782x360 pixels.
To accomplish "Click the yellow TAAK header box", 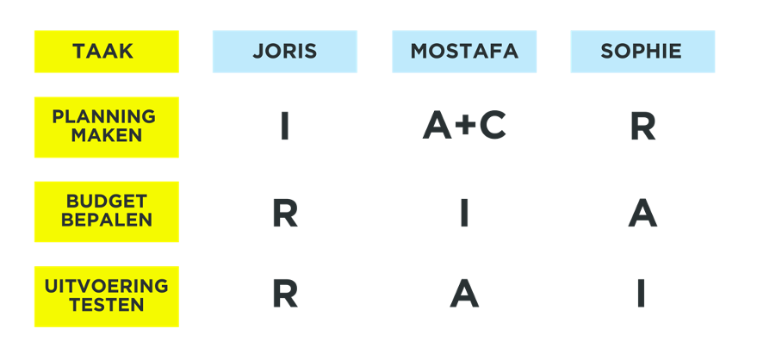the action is pos(106,52).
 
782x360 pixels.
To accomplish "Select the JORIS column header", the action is pos(285,52).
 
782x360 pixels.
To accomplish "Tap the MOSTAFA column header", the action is pos(464,52).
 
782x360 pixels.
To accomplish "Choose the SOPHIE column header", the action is pos(642,52).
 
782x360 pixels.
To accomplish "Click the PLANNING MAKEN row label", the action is pos(106,127).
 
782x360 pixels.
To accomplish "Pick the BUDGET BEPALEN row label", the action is pos(106,211).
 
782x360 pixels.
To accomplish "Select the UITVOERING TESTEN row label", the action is pos(106,295).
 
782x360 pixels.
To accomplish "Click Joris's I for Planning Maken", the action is pos(284,127).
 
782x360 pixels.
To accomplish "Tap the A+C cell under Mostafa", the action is pos(464,127).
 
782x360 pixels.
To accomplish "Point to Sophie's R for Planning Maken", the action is pos(642,127).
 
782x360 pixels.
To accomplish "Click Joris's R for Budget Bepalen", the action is pos(285,213).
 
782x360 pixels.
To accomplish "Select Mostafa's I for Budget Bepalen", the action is pos(464,213).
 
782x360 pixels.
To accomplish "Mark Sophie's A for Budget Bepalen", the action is pos(642,213).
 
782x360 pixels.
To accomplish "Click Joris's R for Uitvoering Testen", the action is pos(285,295).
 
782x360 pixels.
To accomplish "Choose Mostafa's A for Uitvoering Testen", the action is pos(464,295).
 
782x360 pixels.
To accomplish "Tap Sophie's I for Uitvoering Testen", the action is pos(641,295).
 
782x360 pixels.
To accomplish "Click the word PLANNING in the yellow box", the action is pos(104,116).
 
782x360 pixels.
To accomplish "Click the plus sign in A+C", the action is pos(465,127).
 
